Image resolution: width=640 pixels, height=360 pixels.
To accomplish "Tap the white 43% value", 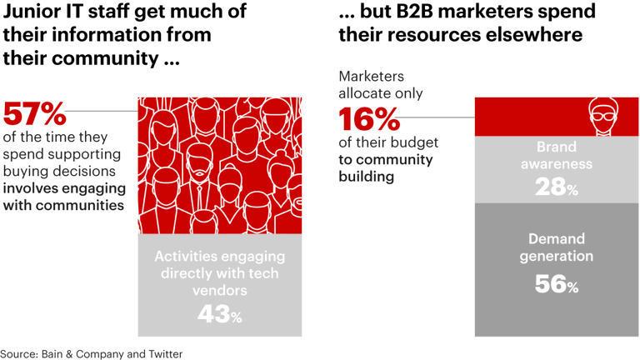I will click(x=219, y=314).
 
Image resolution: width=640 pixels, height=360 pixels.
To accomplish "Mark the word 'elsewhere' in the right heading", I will click(x=538, y=36).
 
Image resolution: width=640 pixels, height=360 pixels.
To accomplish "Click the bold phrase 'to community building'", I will click(x=386, y=168).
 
